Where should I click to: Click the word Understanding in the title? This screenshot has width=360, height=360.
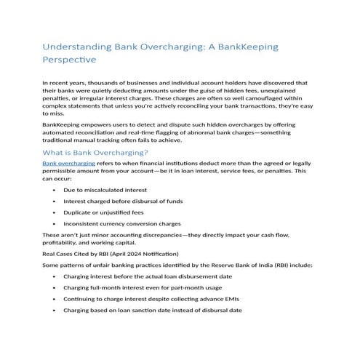click(76, 47)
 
